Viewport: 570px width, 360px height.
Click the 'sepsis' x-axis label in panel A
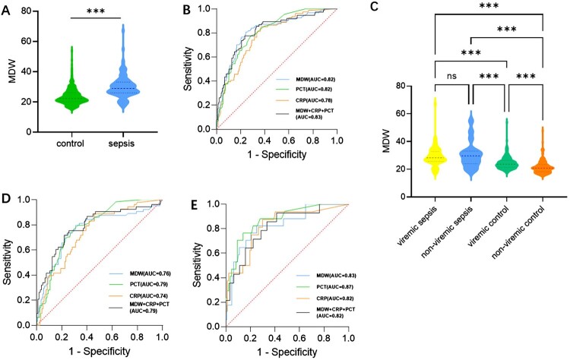138,144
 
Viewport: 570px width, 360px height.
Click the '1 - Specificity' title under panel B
275,155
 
